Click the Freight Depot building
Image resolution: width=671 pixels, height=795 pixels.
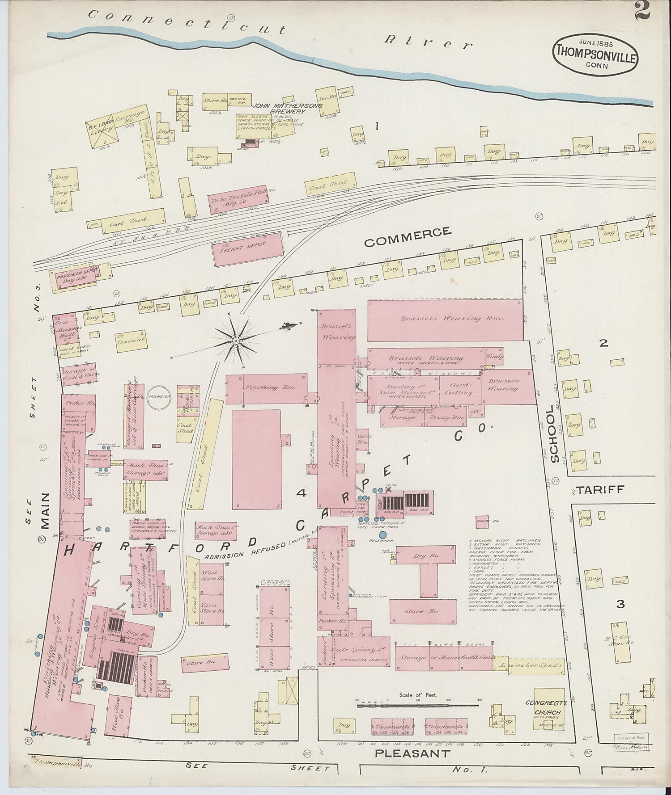pos(251,248)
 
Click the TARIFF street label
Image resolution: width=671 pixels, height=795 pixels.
pos(599,489)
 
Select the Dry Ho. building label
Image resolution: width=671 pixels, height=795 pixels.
pos(426,555)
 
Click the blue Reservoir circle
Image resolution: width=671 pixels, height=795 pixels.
pos(383,534)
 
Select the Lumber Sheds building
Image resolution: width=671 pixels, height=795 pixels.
pos(528,665)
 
